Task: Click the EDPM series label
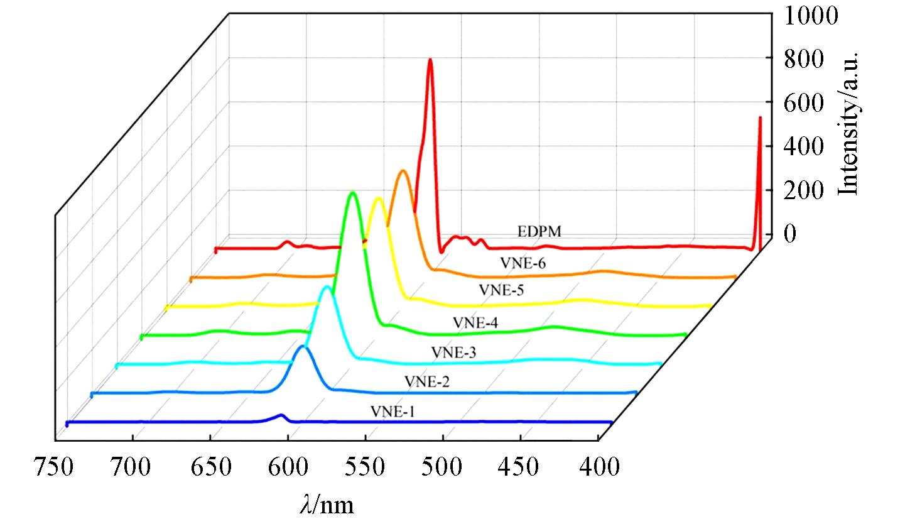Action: point(539,231)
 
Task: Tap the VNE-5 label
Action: point(501,290)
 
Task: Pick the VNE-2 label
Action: point(426,381)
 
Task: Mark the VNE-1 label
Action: point(393,412)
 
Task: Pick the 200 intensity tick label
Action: point(804,190)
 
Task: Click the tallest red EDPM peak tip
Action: point(430,60)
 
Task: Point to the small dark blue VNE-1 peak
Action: point(281,415)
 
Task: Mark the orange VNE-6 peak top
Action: point(402,171)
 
